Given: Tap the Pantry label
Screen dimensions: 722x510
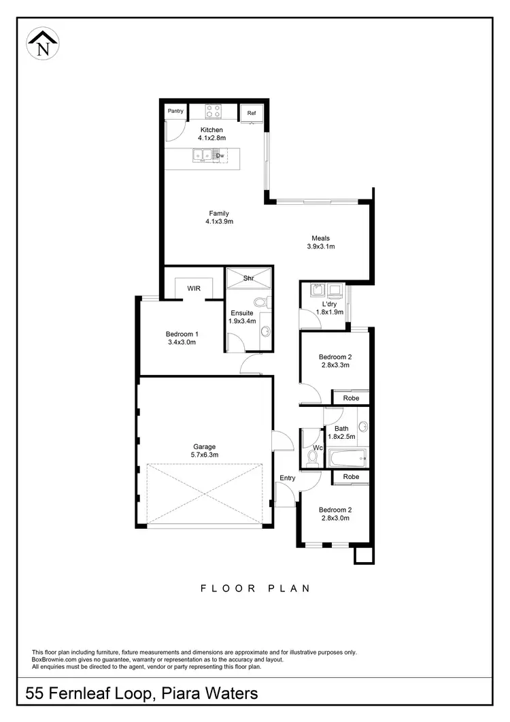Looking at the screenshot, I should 175,111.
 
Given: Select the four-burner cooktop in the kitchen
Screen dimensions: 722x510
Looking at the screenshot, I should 212,110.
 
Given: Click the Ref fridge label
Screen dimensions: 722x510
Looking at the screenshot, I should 251,113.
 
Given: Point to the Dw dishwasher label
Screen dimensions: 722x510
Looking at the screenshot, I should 220,156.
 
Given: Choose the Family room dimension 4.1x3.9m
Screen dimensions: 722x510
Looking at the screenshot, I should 219,222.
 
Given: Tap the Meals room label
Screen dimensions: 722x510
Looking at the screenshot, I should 321,238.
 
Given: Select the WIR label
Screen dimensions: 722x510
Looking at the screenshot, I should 194,288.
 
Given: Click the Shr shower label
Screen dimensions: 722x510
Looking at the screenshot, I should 249,278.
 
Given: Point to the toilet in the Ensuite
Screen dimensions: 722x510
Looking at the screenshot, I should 259,303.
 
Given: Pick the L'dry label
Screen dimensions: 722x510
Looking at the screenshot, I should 330,303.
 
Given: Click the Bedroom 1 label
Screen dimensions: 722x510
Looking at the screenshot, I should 182,334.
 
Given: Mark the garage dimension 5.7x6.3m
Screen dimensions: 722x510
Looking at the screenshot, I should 205,455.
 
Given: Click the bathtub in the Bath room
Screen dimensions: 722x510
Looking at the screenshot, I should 347,457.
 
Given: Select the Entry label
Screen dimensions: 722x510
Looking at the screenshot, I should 288,478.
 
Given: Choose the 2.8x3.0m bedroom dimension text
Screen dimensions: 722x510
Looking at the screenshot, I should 335,518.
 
